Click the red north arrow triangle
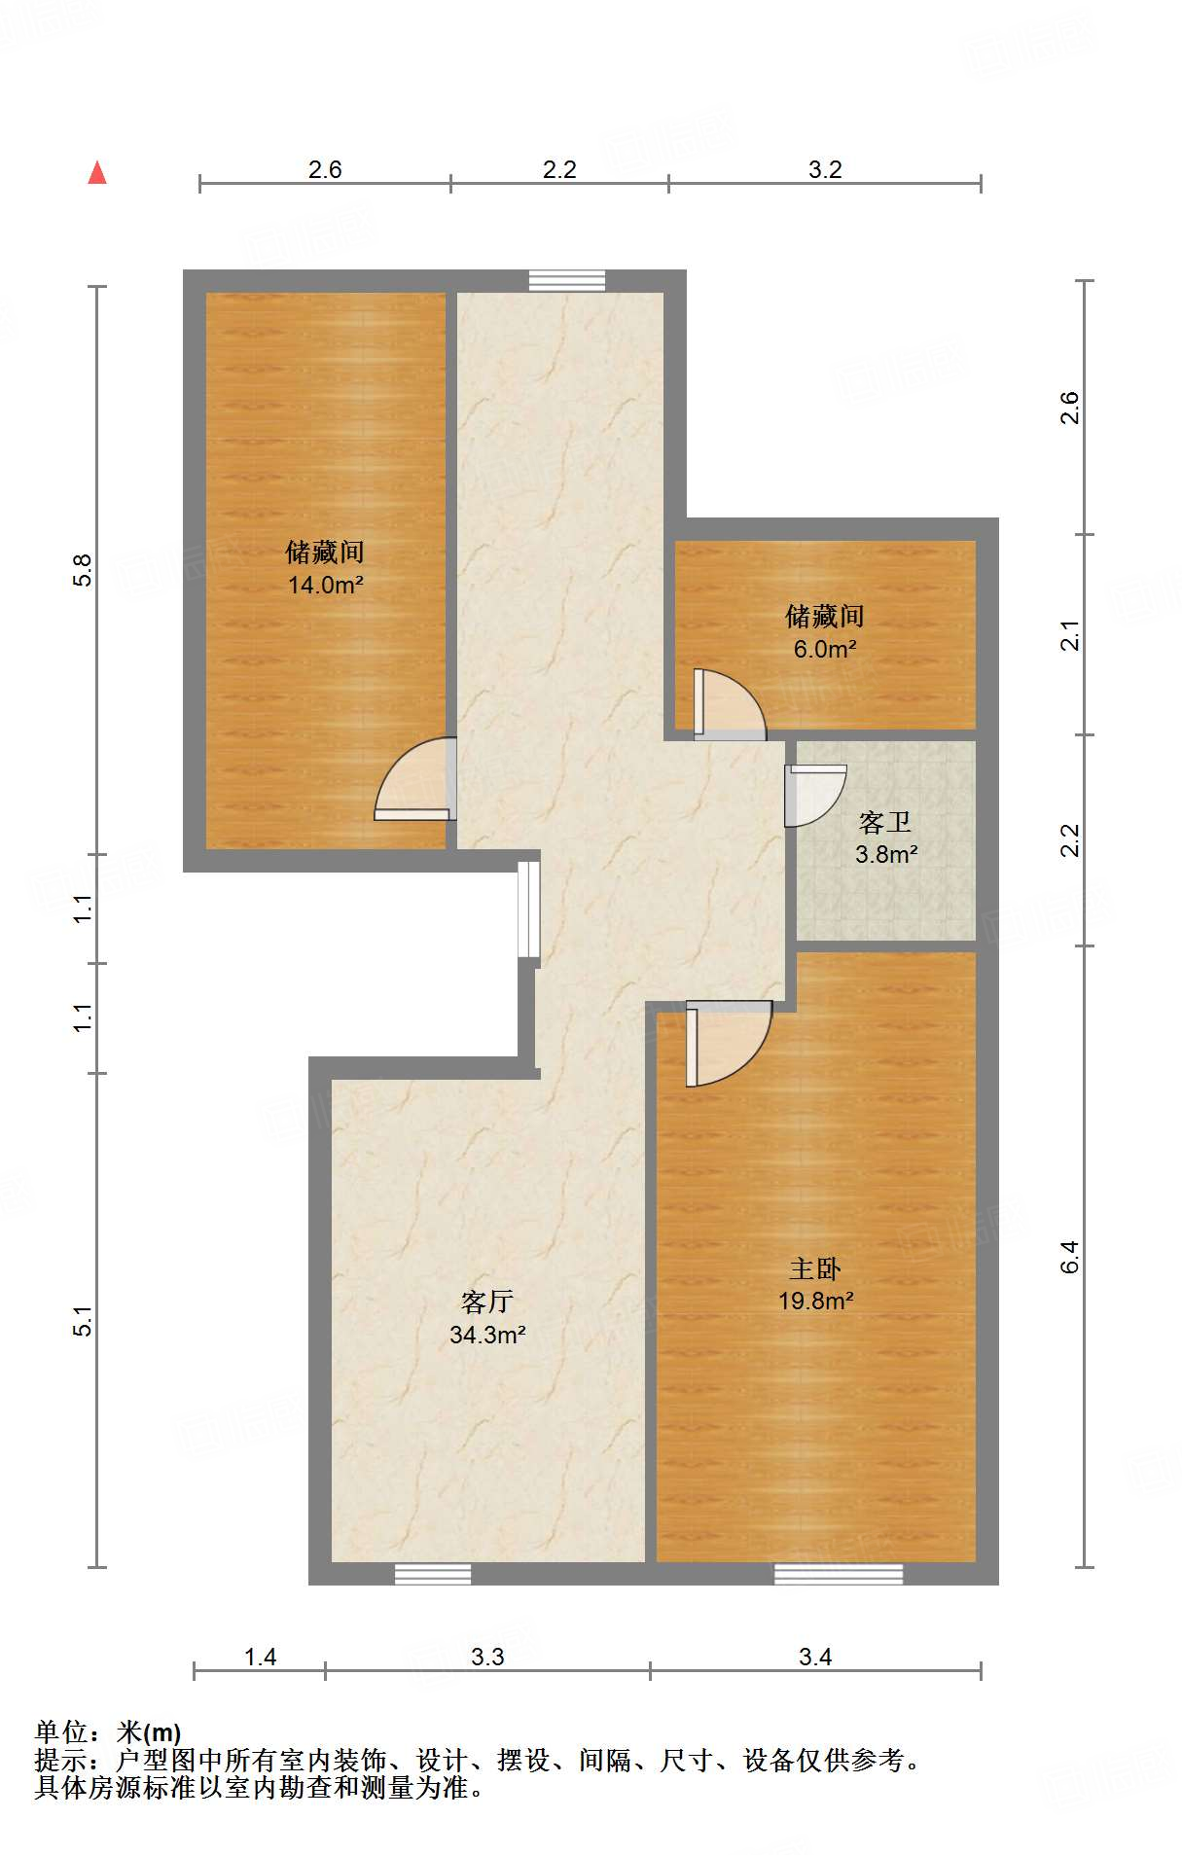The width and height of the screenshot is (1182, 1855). click(x=97, y=173)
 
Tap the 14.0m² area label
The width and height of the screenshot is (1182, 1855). click(x=325, y=585)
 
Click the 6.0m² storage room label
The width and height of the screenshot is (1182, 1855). click(x=825, y=649)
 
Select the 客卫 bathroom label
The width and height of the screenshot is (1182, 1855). click(x=885, y=823)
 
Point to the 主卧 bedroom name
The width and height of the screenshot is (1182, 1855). click(x=815, y=1268)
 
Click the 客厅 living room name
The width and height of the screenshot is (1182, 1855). click(x=487, y=1302)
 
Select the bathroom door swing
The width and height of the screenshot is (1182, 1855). click(x=814, y=794)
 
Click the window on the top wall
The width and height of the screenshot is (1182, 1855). click(x=567, y=281)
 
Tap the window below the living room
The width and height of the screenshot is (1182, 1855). click(x=433, y=1574)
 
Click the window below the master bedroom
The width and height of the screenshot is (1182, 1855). click(x=839, y=1574)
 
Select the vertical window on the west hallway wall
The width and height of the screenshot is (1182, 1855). click(x=527, y=910)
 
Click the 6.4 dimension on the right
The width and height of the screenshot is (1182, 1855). click(x=1069, y=1257)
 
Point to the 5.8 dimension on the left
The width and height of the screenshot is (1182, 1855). click(x=83, y=569)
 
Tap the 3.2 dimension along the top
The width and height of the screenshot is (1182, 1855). click(x=825, y=170)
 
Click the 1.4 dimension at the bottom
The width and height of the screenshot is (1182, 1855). click(x=260, y=1657)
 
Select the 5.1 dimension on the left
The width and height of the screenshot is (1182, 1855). click(x=83, y=1320)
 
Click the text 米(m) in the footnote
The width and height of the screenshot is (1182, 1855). click(x=148, y=1732)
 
